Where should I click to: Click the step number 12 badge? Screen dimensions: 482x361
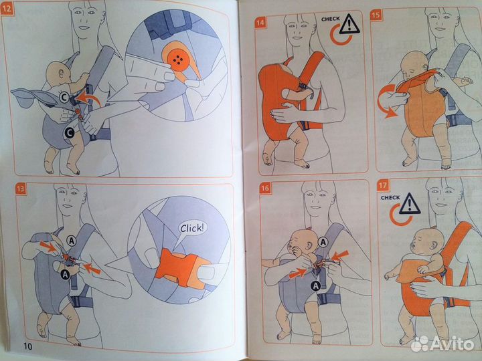7,9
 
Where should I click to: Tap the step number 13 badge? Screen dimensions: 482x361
21,189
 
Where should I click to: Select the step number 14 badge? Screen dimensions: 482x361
260,23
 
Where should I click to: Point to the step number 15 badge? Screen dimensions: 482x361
376,15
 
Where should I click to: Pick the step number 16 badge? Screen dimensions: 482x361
265,188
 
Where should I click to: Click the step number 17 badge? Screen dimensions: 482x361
382,186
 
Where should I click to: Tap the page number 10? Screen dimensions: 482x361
27,346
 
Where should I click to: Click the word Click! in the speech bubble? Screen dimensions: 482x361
192,229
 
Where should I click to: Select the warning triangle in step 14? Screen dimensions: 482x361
349,24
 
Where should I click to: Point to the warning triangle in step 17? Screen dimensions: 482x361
410,204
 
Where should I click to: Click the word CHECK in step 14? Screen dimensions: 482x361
331,19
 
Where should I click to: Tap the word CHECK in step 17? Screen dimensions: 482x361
390,198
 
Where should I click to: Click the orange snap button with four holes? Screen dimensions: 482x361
178,59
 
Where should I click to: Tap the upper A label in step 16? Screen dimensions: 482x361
323,243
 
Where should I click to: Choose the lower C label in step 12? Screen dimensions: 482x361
70,132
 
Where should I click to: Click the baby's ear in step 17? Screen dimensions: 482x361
434,245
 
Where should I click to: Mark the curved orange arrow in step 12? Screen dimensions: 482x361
90,97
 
